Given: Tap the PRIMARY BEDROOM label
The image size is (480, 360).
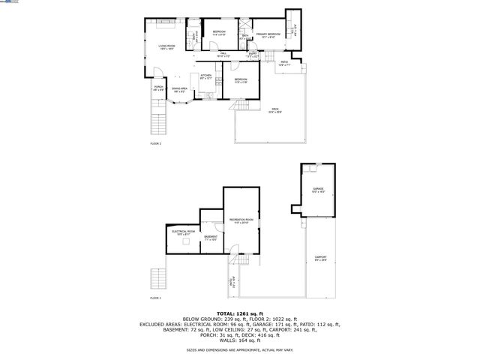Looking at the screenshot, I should [268, 34].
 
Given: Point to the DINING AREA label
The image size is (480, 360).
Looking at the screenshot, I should [180, 89].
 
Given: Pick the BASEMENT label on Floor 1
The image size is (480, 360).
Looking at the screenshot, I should [211, 236].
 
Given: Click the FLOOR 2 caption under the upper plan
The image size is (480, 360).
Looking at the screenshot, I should [155, 143].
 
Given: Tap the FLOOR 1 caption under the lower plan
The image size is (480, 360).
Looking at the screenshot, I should [155, 298].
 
